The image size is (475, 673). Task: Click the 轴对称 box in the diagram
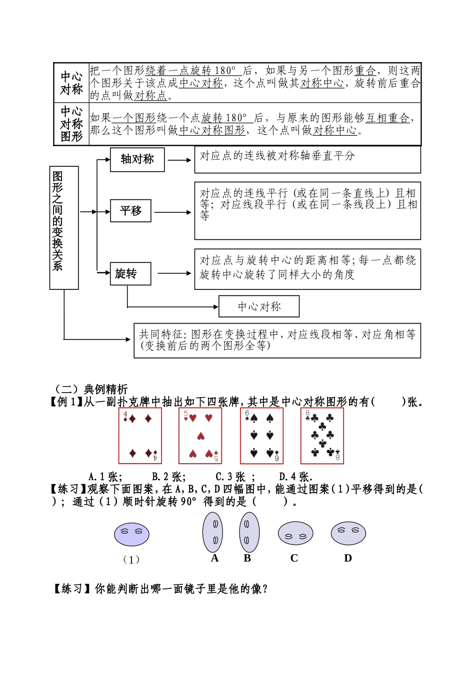(x=137, y=160)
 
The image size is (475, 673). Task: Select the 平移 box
(x=130, y=211)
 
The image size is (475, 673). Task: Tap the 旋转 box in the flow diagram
(x=130, y=274)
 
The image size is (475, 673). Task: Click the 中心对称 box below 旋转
(x=259, y=306)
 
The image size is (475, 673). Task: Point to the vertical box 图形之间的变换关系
(x=63, y=228)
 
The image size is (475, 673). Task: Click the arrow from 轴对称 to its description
(x=179, y=160)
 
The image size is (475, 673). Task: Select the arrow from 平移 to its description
(x=172, y=212)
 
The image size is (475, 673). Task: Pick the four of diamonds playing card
(x=140, y=436)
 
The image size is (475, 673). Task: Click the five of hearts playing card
(x=200, y=436)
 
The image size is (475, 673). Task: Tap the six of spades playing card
(x=261, y=436)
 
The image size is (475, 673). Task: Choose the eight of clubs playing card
(x=322, y=436)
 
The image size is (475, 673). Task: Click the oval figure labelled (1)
(x=131, y=534)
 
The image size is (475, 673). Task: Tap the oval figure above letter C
(x=295, y=533)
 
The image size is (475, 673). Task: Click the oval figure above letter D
(x=348, y=533)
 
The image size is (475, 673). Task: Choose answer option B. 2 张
(x=168, y=477)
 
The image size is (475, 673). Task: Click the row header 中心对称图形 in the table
(x=71, y=124)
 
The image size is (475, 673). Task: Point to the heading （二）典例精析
(x=91, y=389)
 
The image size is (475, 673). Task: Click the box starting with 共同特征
(x=277, y=341)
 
